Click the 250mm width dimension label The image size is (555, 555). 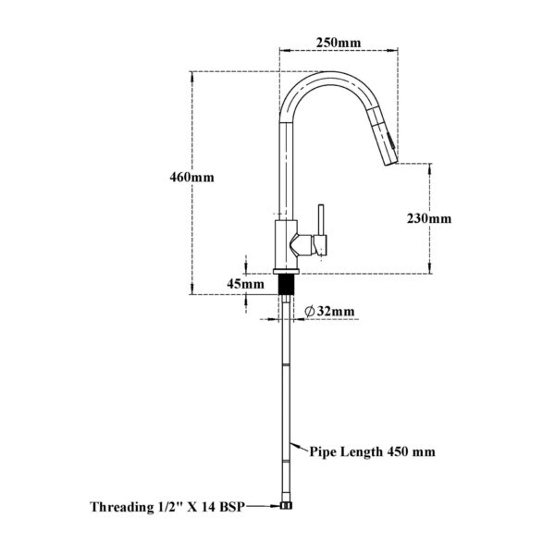pyautogui.click(x=337, y=43)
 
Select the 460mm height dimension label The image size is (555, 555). pyautogui.click(x=191, y=177)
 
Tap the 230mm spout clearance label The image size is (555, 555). pyautogui.click(x=429, y=218)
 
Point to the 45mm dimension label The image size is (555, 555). pyautogui.click(x=247, y=284)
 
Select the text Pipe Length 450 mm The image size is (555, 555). pyautogui.click(x=373, y=452)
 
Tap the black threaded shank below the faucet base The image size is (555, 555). pyautogui.click(x=288, y=282)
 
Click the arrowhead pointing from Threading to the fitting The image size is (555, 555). pyautogui.click(x=277, y=507)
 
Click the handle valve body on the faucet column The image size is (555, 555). pyautogui.click(x=304, y=245)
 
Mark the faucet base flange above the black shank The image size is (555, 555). pyautogui.click(x=288, y=268)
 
